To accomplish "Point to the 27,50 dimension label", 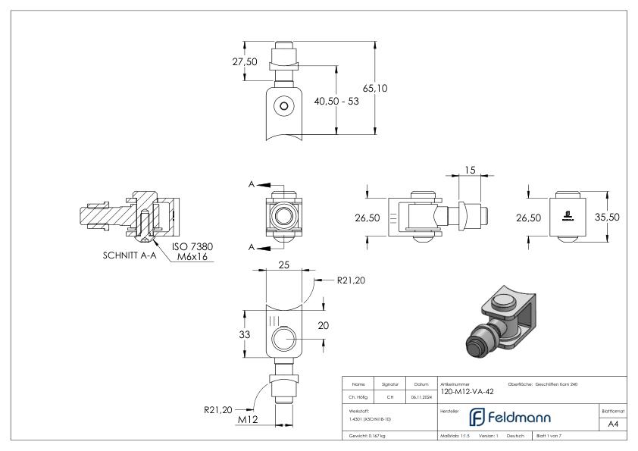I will pos(246,61).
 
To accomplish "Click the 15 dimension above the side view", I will pos(470,171).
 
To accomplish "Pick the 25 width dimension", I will pos(284,265).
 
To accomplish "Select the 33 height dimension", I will pos(245,335).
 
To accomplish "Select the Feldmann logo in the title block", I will pos(510,417).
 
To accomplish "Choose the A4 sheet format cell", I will pos(613,424).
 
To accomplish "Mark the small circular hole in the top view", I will pos(283,107).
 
